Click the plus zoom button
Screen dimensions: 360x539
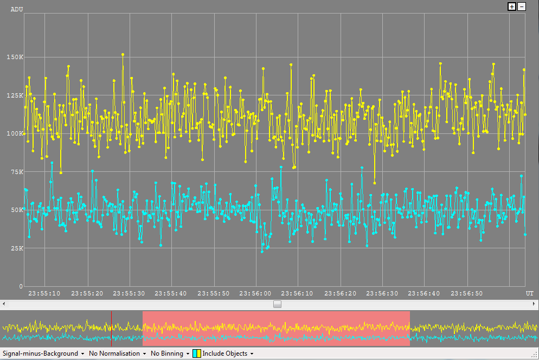(x=511, y=7)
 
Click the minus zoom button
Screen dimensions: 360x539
(x=522, y=7)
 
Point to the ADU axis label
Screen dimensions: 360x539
(x=17, y=9)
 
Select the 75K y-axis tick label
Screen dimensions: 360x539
(x=16, y=172)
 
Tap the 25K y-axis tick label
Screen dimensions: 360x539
(x=16, y=248)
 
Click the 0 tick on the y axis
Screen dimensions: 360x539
(x=21, y=286)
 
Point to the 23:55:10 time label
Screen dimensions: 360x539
(x=44, y=293)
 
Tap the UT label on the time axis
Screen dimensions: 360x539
(x=529, y=293)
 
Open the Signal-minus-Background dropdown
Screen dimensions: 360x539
(x=43, y=353)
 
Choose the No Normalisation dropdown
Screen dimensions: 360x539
(x=117, y=353)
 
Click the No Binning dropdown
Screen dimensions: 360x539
(x=170, y=353)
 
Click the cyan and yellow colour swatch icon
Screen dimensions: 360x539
(x=197, y=353)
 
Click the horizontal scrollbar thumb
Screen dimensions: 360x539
(x=277, y=304)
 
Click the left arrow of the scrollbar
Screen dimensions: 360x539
(x=3, y=304)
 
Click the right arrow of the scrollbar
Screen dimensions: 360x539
(x=535, y=304)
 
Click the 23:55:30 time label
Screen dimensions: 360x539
(x=129, y=293)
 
